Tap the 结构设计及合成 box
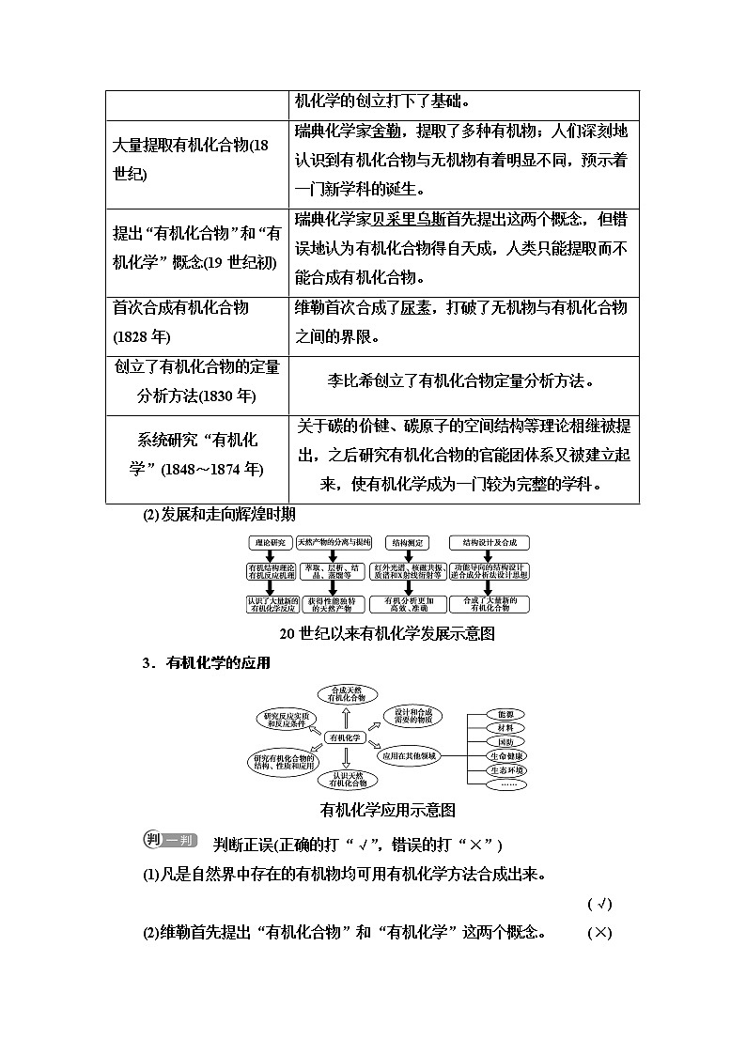(490, 542)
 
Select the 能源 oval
(506, 714)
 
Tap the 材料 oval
(506, 728)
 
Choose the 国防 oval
(506, 742)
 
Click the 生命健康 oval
(506, 756)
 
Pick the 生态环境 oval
(506, 770)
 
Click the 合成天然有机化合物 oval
(347, 695)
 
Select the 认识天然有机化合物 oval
(347, 780)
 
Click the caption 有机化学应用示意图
(388, 809)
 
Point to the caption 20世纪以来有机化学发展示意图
(387, 633)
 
